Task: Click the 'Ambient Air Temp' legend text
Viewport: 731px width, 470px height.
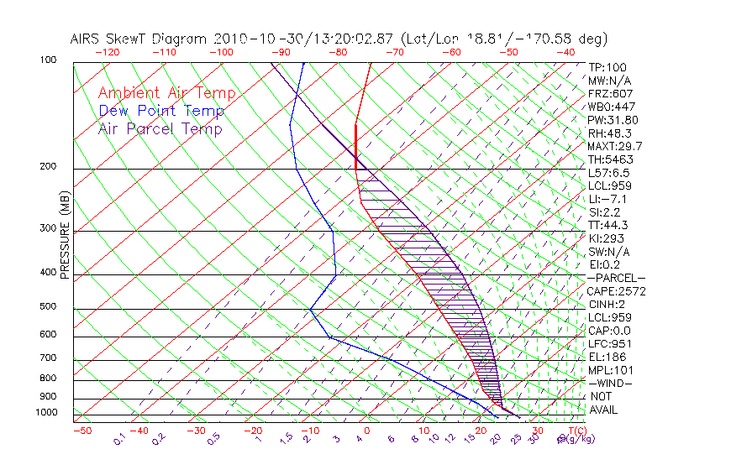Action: (x=166, y=93)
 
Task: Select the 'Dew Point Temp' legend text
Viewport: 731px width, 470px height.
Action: (x=160, y=111)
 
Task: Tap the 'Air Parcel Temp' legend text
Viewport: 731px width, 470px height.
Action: (x=160, y=128)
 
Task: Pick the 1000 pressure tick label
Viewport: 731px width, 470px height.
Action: (x=49, y=412)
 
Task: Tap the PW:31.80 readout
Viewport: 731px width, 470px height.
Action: (x=613, y=120)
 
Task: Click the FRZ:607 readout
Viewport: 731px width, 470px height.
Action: (x=611, y=93)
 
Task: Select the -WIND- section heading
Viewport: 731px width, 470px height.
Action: (x=610, y=383)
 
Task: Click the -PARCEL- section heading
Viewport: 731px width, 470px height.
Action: (x=616, y=278)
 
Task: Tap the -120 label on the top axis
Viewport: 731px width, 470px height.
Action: (x=108, y=51)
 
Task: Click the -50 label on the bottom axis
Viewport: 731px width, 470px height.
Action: (x=82, y=431)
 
